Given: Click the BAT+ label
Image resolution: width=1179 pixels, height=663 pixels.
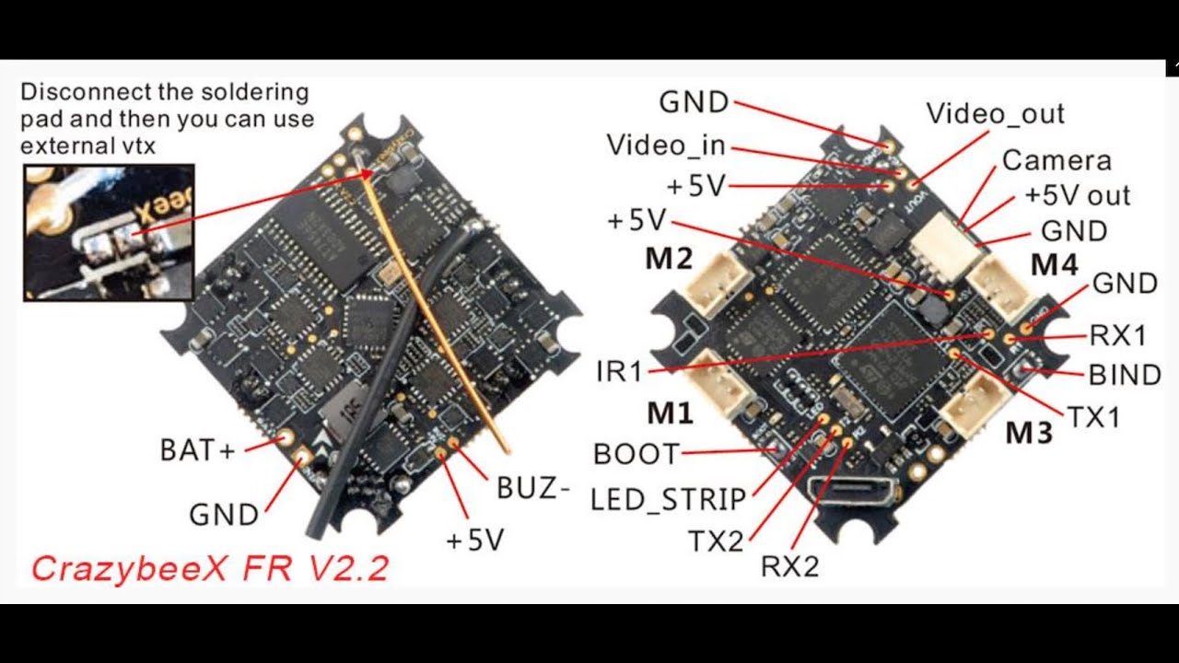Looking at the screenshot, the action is point(197,450).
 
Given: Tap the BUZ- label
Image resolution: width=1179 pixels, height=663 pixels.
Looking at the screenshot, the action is point(532,488).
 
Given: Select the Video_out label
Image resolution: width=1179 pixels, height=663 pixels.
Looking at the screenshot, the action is point(996,113).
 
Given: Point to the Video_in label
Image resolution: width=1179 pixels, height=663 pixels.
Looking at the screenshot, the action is point(666,145).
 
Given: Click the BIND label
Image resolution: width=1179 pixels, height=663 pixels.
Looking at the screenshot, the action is point(1125,375).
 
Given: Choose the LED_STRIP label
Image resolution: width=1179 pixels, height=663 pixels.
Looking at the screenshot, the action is point(668,499).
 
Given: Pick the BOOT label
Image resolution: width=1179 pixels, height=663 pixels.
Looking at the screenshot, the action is point(636,454).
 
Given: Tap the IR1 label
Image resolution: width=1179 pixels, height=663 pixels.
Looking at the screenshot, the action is point(619,371).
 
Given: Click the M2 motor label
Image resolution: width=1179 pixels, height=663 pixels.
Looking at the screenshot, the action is point(669,259).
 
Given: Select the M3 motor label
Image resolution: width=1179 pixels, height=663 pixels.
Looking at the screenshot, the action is point(1029,433).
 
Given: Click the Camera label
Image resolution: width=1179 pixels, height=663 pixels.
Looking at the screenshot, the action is point(1056,160).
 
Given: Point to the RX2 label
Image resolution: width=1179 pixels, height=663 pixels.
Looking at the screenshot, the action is point(790,566).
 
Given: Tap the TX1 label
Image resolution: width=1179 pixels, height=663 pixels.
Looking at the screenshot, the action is point(1093,418).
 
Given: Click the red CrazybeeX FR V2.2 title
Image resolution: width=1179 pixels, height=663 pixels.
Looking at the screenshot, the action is point(210,568).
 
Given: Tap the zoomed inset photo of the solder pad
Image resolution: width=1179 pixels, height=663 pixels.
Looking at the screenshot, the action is point(109,233).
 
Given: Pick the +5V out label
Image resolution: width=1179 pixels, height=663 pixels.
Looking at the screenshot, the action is point(1077,195).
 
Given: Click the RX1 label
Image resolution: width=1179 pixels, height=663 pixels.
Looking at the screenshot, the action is point(1117,335).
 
